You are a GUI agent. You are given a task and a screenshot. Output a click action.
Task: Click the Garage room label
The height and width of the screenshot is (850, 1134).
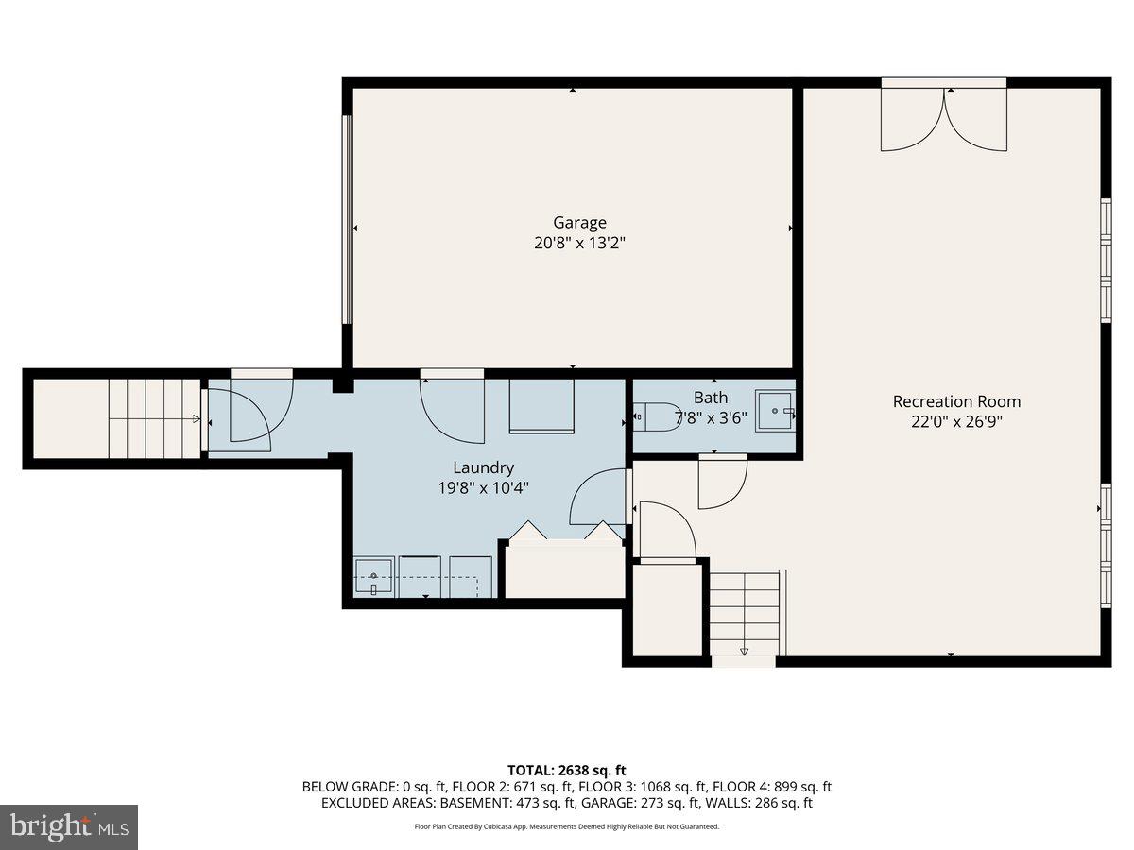click(579, 223)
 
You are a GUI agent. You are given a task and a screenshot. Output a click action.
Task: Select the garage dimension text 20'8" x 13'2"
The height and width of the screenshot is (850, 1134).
click(579, 243)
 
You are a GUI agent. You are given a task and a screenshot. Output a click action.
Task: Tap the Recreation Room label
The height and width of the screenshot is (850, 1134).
click(956, 401)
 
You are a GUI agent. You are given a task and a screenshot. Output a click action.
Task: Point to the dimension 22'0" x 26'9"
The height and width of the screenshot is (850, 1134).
click(956, 422)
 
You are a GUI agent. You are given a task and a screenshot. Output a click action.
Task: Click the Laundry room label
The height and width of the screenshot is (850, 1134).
click(483, 467)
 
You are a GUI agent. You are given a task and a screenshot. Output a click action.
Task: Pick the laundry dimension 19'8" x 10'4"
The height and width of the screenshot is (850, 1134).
click(483, 488)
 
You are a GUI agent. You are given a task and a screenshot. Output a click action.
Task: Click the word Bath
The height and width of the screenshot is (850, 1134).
click(710, 398)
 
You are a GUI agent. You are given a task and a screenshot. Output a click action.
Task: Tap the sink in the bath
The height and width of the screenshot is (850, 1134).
click(774, 412)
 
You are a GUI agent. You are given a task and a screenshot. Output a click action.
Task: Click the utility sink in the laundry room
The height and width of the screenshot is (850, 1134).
click(374, 576)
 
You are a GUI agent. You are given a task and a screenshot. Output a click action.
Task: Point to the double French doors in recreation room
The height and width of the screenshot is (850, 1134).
click(944, 119)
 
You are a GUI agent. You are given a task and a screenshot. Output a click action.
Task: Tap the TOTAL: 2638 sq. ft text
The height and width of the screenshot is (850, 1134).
click(566, 771)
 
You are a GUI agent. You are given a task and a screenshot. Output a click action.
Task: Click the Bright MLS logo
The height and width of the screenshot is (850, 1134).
click(69, 826)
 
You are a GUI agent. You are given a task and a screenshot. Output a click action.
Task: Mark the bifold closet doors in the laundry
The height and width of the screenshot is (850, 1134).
click(565, 533)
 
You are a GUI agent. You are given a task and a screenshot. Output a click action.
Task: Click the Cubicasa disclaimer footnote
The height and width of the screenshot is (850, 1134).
click(566, 826)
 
